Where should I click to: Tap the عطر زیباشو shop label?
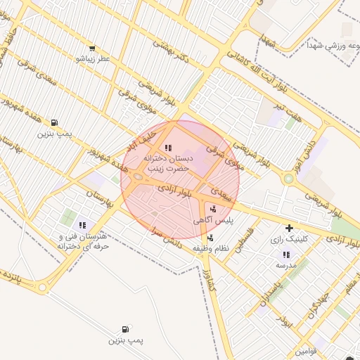94,59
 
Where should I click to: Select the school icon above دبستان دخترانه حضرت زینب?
167,148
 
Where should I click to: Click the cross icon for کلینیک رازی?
289,228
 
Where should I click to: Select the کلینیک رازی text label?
289,239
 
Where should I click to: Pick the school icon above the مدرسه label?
285,255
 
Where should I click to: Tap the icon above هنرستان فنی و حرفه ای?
83,225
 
